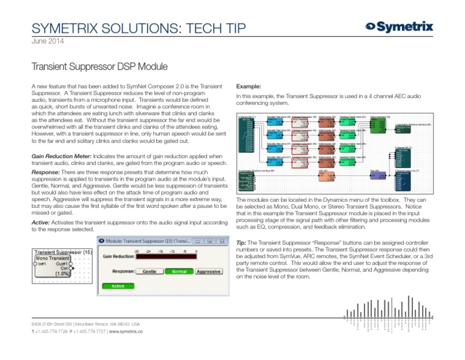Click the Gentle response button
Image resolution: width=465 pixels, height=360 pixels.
click(148, 272)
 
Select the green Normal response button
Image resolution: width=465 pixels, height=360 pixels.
click(179, 272)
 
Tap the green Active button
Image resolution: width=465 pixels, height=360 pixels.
click(118, 286)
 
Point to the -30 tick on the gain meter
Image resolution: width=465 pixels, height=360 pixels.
click(137, 250)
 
